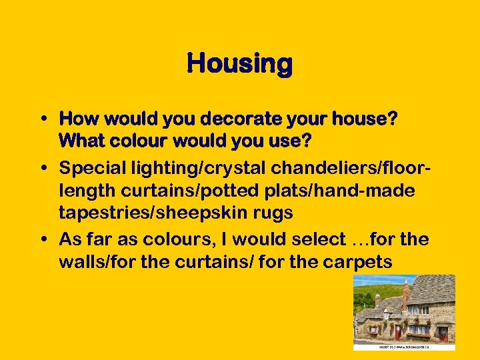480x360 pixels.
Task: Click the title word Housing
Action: click(239, 65)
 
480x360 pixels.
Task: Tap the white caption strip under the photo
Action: click(404, 347)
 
